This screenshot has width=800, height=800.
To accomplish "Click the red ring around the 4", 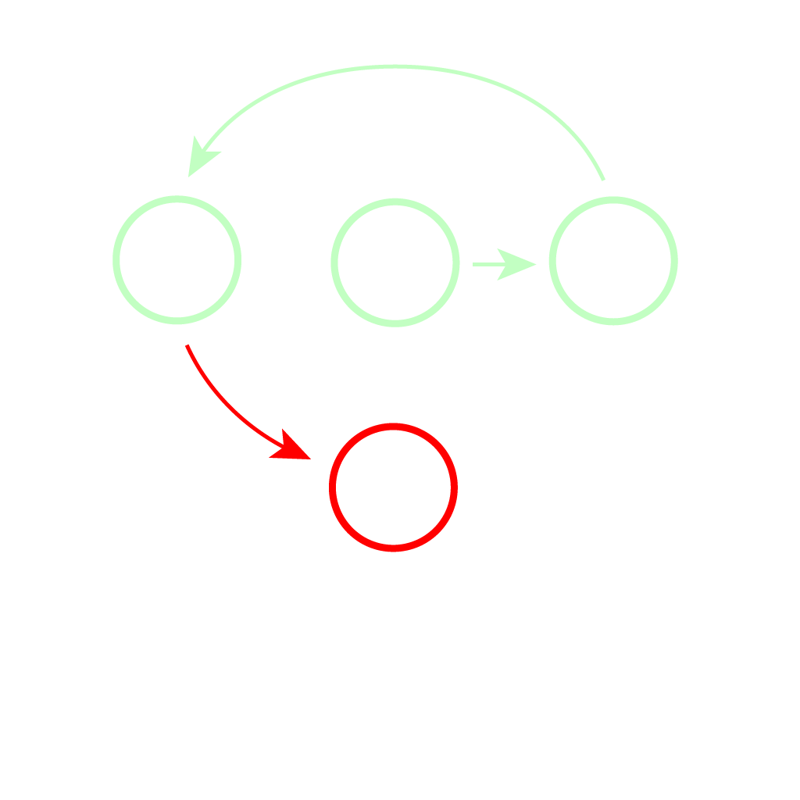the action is click(393, 427).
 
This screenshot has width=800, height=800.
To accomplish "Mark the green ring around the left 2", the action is click(177, 198).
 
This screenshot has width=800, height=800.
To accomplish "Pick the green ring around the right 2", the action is click(613, 200).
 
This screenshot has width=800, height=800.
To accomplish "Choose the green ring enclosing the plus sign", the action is click(395, 202).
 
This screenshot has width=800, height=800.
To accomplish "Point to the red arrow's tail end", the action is click(187, 346).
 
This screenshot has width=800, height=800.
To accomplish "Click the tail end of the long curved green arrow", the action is click(603, 179).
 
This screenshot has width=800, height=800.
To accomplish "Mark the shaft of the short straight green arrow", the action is click(488, 264).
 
